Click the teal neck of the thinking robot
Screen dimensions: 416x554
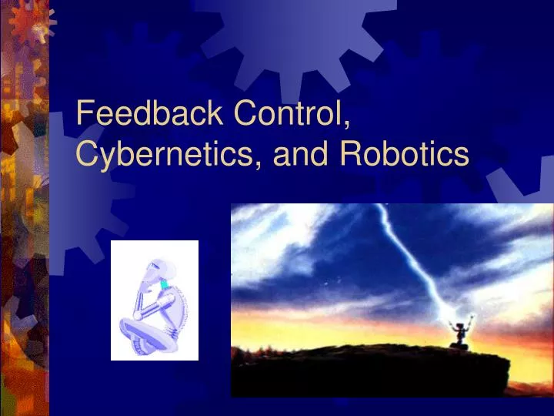pos(163,285)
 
